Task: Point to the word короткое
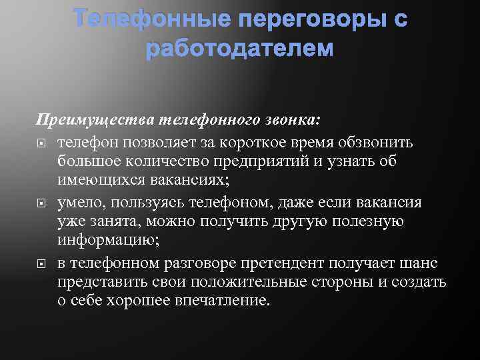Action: [249, 142]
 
